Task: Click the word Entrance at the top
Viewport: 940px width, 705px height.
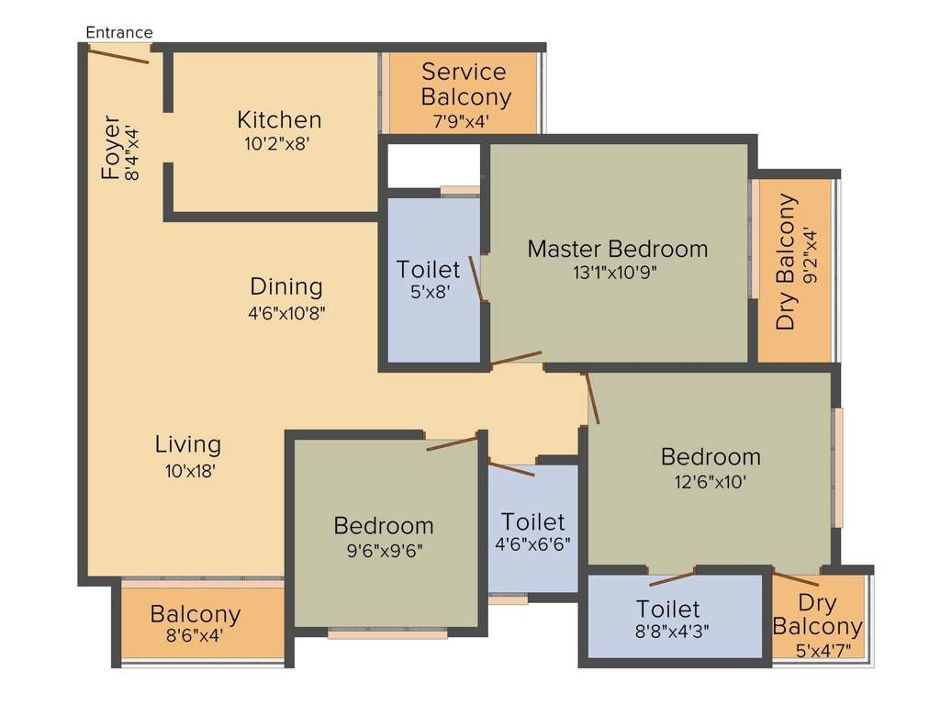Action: point(119,33)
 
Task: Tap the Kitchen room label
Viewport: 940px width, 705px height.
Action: point(279,119)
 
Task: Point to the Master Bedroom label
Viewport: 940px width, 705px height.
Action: point(617,249)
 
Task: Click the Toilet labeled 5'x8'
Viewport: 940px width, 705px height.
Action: point(428,269)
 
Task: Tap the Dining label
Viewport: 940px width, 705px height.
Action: point(286,286)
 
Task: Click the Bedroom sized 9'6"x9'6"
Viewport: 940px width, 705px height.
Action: point(383,526)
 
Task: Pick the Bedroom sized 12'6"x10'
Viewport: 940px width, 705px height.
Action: point(711,456)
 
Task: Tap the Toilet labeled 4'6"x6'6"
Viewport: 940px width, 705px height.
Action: point(532,522)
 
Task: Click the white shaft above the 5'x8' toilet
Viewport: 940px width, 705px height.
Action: point(433,165)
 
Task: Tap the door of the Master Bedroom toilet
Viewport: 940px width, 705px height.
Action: point(476,279)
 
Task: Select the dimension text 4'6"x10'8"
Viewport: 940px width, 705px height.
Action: point(286,312)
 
